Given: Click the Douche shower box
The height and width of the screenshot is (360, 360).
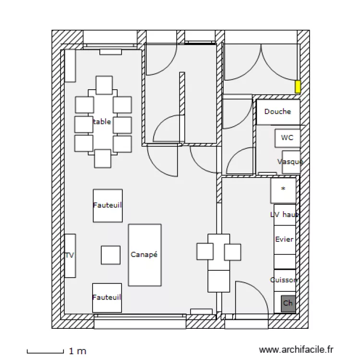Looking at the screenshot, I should point(278,112).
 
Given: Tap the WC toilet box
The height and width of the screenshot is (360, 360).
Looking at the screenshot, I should point(288,138).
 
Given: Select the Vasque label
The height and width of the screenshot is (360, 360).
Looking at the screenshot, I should point(290,162).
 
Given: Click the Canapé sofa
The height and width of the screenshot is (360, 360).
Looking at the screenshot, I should point(144,255).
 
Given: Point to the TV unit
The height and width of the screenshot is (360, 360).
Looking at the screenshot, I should point(70,255).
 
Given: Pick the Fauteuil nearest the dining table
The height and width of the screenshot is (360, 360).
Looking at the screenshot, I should point(108,205).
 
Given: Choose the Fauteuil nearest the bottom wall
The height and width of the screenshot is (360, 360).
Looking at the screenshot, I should point(107,298).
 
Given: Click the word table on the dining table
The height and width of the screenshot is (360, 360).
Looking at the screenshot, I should point(102,122).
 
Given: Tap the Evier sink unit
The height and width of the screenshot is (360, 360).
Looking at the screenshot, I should point(284,240).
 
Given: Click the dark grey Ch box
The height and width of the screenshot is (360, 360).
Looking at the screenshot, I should point(288,303).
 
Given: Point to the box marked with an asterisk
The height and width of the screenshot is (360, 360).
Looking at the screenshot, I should point(283,190).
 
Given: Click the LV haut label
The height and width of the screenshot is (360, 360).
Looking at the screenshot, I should point(284,215).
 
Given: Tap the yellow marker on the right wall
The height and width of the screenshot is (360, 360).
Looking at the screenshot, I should point(298,87).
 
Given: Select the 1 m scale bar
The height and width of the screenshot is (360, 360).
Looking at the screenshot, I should point(45,352).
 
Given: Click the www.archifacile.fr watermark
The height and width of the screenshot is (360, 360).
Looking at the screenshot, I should point(296,351).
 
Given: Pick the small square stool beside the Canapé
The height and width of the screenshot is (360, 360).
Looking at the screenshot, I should point(110,255).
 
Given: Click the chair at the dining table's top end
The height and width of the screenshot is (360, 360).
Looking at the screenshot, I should point(104,85).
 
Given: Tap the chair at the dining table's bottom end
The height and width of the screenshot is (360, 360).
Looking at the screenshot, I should point(103,158).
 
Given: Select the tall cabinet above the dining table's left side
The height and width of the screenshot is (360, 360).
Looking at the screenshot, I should point(70,65).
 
